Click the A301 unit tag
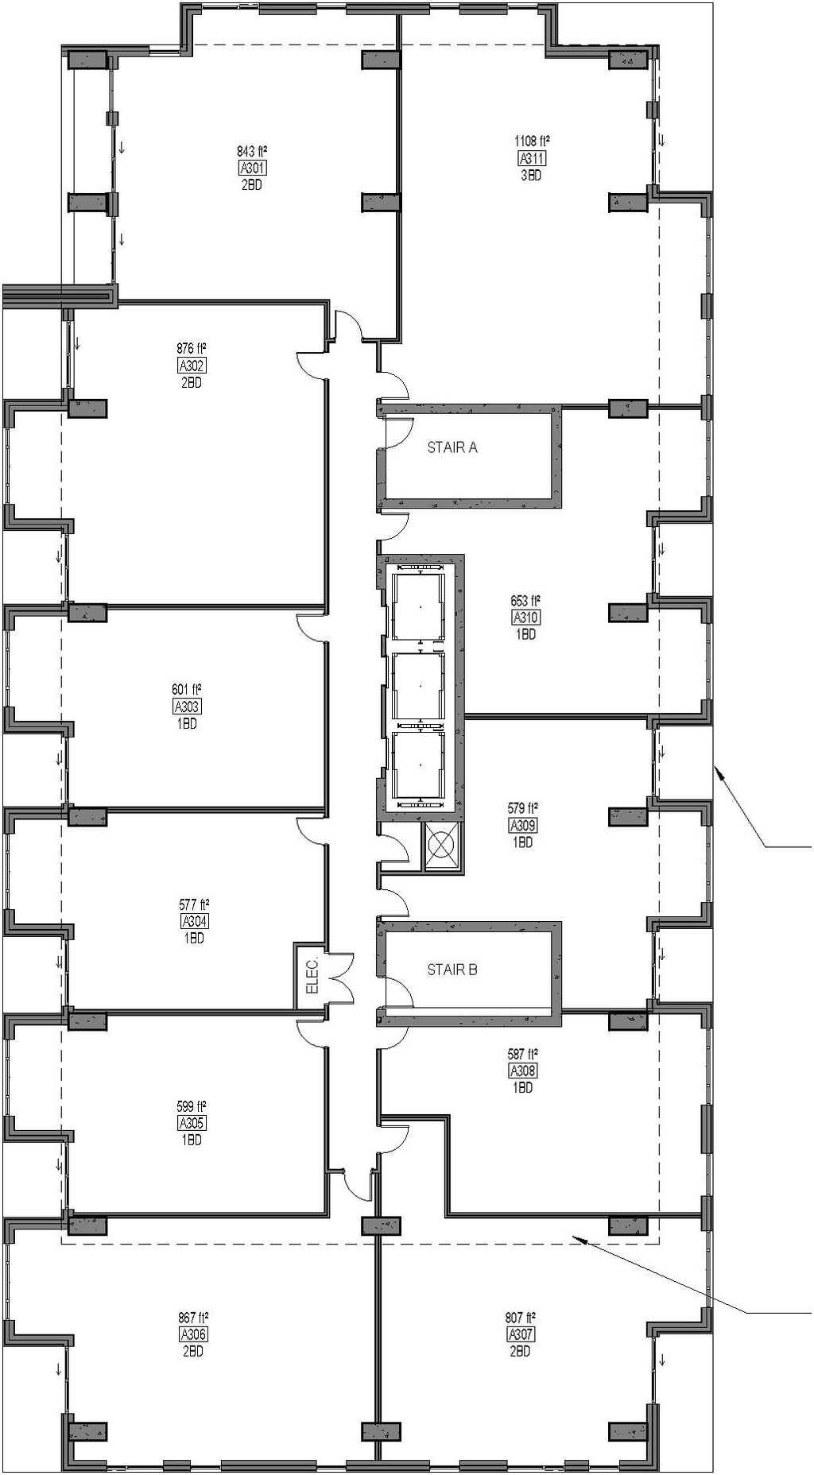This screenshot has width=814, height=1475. (252, 168)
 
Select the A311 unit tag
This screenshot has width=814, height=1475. (532, 158)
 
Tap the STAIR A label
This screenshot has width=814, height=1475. (452, 447)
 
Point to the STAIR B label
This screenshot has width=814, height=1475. (452, 970)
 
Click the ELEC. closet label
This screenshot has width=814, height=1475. (312, 976)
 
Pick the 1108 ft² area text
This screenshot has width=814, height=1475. (532, 141)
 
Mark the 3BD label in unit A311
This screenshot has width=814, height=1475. (531, 176)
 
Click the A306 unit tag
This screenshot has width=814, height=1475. (193, 1334)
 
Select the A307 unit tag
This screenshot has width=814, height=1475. (521, 1334)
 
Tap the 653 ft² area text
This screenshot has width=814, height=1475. (525, 601)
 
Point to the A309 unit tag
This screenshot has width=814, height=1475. (523, 825)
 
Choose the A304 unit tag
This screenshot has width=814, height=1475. (194, 921)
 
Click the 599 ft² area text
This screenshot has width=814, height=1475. (192, 1106)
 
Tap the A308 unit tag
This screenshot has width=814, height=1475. (523, 1070)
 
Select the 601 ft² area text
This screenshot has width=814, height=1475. (187, 690)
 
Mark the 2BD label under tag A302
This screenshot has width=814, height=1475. (191, 382)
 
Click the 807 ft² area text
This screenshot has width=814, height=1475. (521, 1317)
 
